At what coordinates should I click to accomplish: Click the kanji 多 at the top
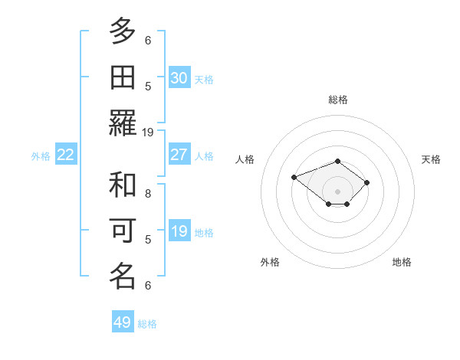[123, 31]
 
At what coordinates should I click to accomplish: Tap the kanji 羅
[123, 123]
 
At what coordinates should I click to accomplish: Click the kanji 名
[123, 276]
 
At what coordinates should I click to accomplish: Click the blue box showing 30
[179, 78]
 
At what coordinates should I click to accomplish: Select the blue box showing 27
[179, 155]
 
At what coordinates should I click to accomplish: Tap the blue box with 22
[66, 155]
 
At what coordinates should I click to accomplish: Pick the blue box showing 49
[123, 322]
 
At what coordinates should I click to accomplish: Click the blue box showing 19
[179, 231]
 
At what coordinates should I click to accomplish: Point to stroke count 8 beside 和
[148, 194]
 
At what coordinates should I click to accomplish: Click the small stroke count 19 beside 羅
[148, 132]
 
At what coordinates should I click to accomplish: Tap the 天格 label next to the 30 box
[204, 79]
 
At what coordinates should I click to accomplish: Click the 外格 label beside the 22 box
[41, 156]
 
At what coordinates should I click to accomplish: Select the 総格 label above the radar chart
[338, 100]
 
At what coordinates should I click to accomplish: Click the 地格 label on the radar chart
[402, 262]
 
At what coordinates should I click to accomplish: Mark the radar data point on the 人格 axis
[294, 177]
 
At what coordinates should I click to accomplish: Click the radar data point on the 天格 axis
[367, 182]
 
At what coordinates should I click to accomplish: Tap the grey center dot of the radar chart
[338, 191]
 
